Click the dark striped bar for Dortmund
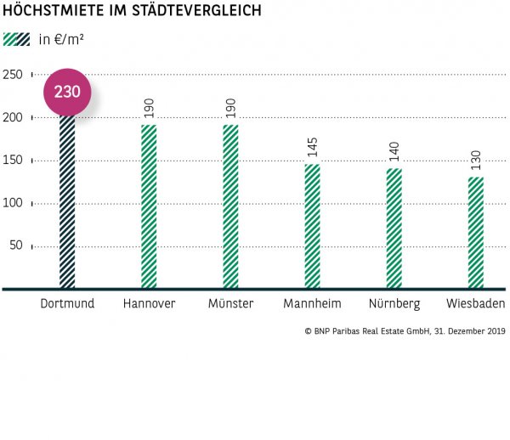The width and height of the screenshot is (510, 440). tap(67, 204)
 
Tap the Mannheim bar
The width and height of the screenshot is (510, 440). tap(312, 226)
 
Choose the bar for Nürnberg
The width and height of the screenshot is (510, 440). tap(394, 228)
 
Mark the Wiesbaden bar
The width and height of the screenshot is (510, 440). tap(475, 233)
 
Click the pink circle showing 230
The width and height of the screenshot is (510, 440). tap(67, 92)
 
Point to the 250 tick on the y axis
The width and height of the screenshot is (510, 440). tap(12, 75)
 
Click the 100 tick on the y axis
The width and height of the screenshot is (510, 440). tap(12, 203)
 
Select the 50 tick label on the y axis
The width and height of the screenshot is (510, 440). tap(14, 246)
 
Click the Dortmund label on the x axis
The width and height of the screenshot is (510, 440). tap(67, 304)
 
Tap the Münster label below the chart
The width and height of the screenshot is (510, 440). tap(230, 304)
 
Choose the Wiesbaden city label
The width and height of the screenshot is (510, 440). tap(475, 304)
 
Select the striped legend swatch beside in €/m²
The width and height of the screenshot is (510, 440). tap(16, 39)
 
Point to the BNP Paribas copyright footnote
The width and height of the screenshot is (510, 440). tap(404, 331)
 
